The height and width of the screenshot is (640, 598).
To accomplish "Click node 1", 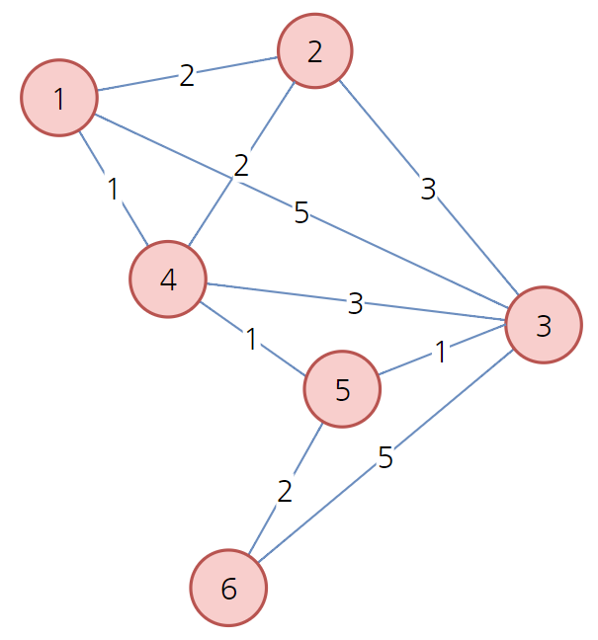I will pyautogui.click(x=59, y=98).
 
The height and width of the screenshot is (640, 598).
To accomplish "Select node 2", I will pyautogui.click(x=315, y=50).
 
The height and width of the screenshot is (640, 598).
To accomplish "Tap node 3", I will pyautogui.click(x=543, y=325).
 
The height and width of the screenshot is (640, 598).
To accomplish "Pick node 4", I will pyautogui.click(x=168, y=280).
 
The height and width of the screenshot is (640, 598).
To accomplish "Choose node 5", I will pyautogui.click(x=342, y=389).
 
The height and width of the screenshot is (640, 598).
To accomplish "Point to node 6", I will pyautogui.click(x=228, y=589).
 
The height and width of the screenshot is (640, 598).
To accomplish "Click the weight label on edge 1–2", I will pyautogui.click(x=187, y=75).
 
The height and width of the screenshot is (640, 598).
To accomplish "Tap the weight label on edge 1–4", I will pyautogui.click(x=114, y=189).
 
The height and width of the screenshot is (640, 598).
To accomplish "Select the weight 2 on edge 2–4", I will pyautogui.click(x=241, y=165).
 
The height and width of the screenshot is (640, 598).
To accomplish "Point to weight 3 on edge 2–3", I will pyautogui.click(x=428, y=190).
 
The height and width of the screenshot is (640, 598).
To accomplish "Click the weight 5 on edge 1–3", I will pyautogui.click(x=301, y=212).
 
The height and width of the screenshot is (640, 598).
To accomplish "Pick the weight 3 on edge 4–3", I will pyautogui.click(x=356, y=304).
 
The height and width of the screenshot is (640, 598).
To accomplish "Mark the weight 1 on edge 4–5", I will pyautogui.click(x=252, y=340).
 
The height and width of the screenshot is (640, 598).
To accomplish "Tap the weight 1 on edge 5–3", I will pyautogui.click(x=441, y=353).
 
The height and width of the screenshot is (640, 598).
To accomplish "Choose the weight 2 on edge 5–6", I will pyautogui.click(x=286, y=491).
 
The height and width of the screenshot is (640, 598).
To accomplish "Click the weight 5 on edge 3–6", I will pyautogui.click(x=385, y=458).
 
